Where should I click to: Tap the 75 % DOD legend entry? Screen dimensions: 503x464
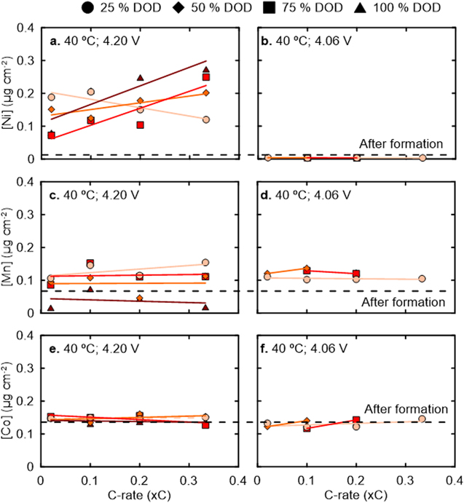[318, 9]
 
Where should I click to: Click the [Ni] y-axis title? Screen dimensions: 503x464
[8, 94]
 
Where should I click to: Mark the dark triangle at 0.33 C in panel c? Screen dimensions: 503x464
[206, 307]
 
